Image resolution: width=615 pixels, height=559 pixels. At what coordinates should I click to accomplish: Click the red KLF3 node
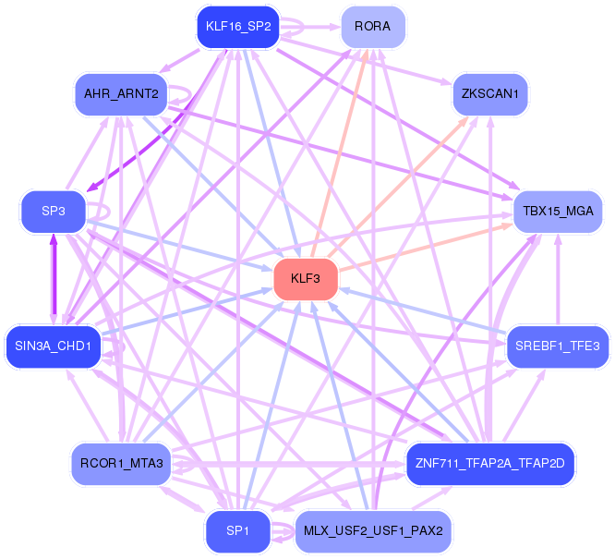pos(306,279)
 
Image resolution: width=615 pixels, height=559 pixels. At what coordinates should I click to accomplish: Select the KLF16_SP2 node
pos(238,27)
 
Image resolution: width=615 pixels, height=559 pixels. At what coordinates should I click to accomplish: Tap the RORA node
pos(372,27)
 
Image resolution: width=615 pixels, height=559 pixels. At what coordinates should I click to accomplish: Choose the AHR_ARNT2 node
pos(121,94)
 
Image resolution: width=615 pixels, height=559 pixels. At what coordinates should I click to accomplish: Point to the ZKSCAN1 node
pos(490,94)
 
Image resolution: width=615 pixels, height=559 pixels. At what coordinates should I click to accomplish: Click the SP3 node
pos(54,212)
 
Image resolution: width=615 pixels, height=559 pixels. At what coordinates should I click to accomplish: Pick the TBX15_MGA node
pos(558,212)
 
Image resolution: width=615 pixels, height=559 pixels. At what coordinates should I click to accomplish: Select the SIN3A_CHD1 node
pos(53,346)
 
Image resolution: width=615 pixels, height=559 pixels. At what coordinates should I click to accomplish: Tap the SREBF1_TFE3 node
pos(558,346)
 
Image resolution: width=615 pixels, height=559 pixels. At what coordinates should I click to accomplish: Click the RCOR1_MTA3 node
pos(121,463)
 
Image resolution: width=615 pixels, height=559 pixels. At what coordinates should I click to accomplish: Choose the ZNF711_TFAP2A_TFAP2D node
pos(490,463)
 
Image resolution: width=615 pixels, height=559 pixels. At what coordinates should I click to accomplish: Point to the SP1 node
pos(237,531)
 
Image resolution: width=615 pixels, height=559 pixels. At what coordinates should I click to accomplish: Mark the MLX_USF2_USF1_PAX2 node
pos(373,531)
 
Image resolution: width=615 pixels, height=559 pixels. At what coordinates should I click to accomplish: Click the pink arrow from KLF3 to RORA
pos(340,148)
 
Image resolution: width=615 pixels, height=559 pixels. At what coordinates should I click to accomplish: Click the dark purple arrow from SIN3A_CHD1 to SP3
pos(54,277)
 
